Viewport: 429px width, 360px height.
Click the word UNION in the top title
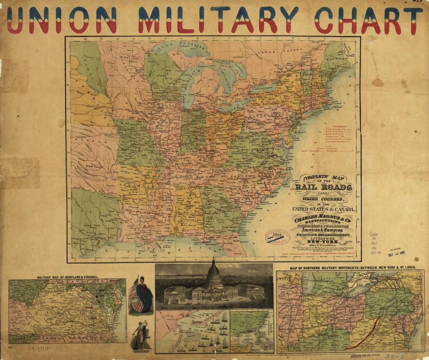click(x=62, y=20)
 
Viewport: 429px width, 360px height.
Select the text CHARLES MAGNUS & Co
click(x=323, y=219)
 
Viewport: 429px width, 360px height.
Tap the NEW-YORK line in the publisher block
click(x=323, y=242)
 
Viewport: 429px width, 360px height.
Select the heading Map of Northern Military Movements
click(x=353, y=268)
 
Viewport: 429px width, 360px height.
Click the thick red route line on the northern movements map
click(x=364, y=328)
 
